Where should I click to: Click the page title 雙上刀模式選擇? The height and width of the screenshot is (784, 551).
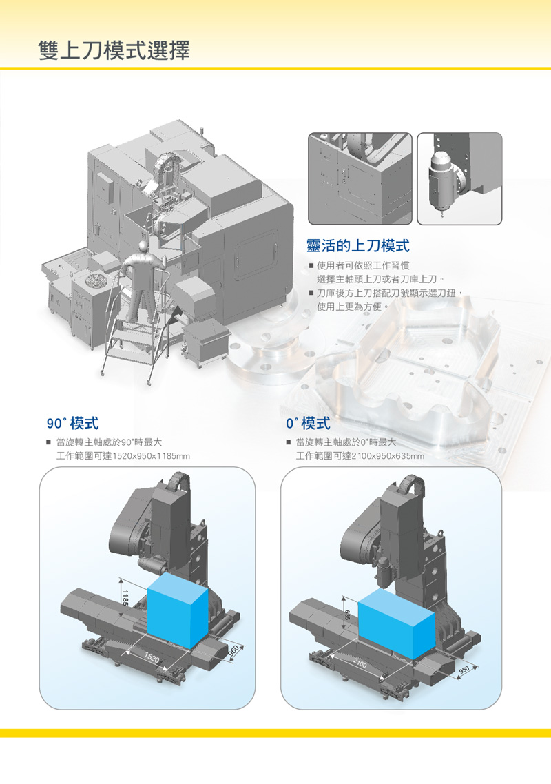(114, 50)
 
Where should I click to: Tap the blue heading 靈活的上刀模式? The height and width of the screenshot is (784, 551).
(358, 245)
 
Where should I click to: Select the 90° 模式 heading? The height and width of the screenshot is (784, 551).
(72, 424)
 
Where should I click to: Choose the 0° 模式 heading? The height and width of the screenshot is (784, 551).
(308, 424)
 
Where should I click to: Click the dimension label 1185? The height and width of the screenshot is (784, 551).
(125, 598)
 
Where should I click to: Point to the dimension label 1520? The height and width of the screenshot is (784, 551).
(152, 659)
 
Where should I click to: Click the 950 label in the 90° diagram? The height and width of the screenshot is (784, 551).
(233, 650)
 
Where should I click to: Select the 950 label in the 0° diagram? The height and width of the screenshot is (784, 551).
(464, 670)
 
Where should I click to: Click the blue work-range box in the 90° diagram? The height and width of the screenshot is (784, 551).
(178, 610)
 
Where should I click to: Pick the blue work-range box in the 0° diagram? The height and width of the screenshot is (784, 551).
(397, 623)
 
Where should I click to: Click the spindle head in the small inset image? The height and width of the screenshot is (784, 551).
(442, 182)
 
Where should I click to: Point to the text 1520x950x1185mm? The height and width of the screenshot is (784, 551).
(152, 456)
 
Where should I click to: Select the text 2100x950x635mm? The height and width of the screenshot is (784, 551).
(388, 456)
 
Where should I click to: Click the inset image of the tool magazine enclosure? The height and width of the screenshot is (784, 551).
(360, 178)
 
